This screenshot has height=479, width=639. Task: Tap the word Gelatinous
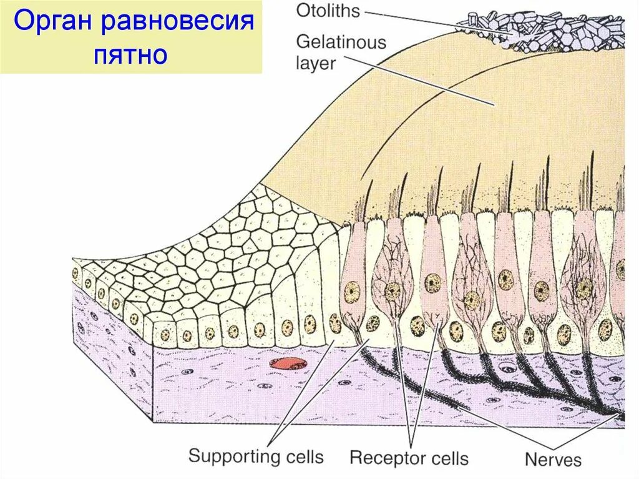[x=341, y=42]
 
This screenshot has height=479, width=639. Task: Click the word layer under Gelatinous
[x=316, y=63]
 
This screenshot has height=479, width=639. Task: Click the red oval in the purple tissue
[x=285, y=363]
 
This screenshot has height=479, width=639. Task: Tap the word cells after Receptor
[x=448, y=458]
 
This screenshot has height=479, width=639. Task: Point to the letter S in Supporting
[x=195, y=456]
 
